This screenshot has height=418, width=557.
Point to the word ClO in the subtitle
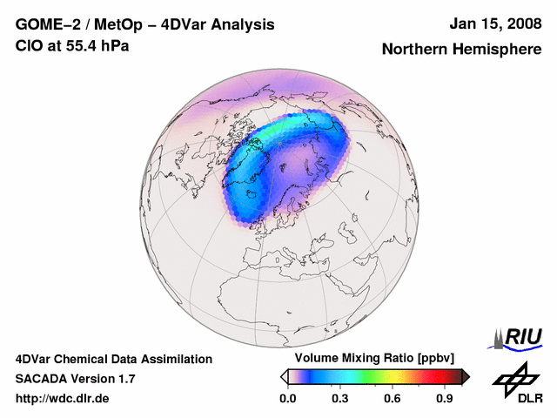[x=28, y=45]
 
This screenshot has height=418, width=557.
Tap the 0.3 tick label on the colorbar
[x=340, y=399]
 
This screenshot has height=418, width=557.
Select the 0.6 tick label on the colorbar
[x=393, y=399]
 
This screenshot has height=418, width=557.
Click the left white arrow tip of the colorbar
[x=284, y=376]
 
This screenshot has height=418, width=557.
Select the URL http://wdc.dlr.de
[x=63, y=399]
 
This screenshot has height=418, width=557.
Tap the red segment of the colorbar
[x=435, y=376]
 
